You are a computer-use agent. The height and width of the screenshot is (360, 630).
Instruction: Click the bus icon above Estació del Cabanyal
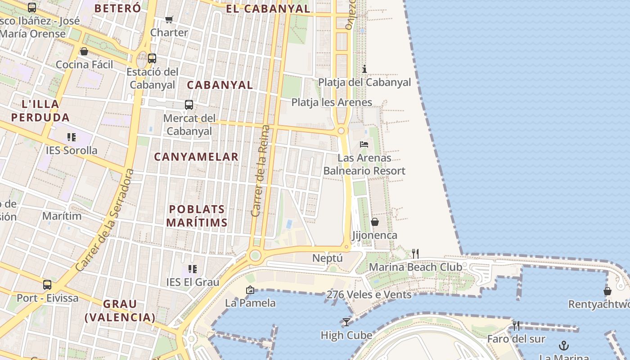click(152, 58)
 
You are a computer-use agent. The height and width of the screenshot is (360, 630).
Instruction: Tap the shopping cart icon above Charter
click(169, 19)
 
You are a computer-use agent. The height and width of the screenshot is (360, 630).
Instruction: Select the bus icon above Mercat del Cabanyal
click(189, 105)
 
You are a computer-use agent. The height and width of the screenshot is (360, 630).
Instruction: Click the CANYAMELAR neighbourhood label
click(196, 157)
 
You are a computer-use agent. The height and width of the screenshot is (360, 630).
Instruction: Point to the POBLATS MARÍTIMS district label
click(197, 216)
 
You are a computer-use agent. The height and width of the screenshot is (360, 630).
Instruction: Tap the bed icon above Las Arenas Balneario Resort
click(364, 144)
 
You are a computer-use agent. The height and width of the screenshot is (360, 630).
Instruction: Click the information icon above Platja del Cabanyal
click(364, 69)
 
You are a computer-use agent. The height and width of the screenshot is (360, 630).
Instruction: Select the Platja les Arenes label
click(332, 102)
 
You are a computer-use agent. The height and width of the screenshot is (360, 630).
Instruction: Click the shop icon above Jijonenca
click(374, 222)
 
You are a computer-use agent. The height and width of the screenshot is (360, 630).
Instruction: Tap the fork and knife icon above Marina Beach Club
click(415, 254)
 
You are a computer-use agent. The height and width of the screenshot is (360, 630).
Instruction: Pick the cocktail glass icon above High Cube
click(346, 322)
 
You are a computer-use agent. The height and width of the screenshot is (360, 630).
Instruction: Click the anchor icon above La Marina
click(563, 346)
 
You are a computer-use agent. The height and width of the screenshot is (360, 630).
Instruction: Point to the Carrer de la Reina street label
click(261, 171)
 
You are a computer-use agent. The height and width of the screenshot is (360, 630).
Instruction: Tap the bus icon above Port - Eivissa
click(47, 285)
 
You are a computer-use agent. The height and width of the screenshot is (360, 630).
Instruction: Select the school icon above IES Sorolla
click(71, 137)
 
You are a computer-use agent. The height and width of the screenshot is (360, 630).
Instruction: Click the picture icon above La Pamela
click(250, 290)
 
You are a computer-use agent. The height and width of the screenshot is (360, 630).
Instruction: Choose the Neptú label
click(328, 258)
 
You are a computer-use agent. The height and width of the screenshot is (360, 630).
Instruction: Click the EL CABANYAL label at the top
click(268, 9)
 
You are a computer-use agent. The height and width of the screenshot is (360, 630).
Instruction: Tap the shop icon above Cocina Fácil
click(84, 51)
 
